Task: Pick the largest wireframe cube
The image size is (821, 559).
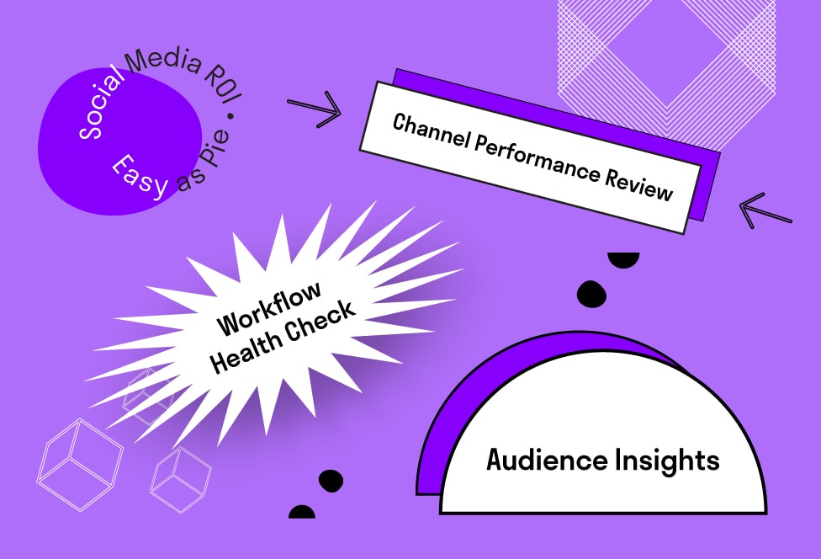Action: (x=81, y=462)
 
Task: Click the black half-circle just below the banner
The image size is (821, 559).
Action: (x=624, y=260)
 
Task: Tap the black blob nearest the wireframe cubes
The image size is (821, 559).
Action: (x=331, y=480)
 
